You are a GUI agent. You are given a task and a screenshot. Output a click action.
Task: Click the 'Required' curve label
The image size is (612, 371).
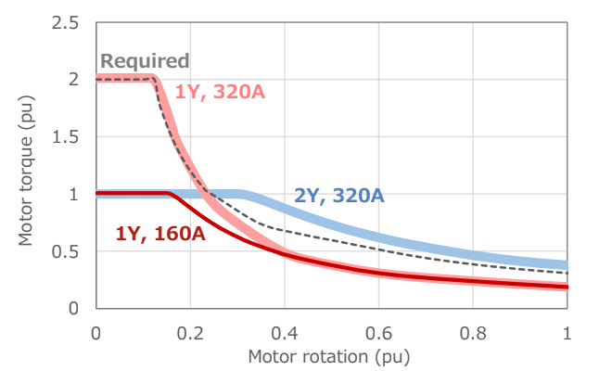click(144, 61)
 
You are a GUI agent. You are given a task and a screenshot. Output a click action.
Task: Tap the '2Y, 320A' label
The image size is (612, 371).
click(339, 196)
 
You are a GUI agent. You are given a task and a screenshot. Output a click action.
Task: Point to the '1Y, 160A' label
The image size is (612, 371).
click(160, 233)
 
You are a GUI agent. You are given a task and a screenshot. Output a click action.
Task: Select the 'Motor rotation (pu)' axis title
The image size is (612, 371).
click(329, 355)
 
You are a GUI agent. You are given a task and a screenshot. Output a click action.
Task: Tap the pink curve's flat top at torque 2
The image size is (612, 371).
click(125, 78)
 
